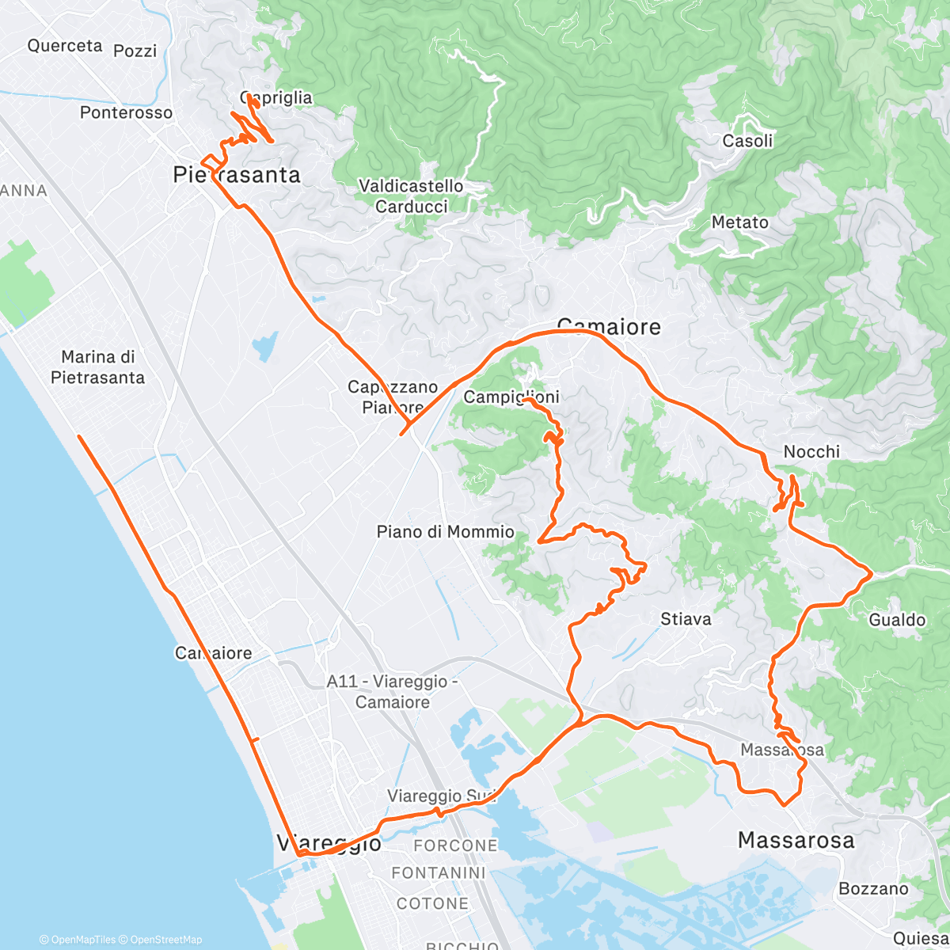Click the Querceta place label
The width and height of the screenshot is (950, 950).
tap(65, 46)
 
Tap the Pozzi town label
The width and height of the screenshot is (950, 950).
tap(135, 51)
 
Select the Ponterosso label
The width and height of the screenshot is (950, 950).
tap(126, 112)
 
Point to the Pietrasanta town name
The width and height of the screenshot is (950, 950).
tap(237, 175)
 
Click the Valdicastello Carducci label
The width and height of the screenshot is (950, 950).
tap(411, 196)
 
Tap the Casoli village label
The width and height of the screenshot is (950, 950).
tap(747, 141)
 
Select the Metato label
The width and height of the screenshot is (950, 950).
tap(739, 222)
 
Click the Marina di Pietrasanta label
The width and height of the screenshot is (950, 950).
tap(97, 367)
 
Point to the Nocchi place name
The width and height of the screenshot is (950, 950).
tap(811, 452)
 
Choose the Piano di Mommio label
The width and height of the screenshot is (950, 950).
tap(445, 532)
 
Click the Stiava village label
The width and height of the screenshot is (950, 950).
tap(686, 619)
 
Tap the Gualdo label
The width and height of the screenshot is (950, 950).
tap(897, 620)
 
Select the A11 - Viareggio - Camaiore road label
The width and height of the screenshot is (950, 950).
tap(393, 691)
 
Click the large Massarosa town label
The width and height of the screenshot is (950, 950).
tap(796, 840)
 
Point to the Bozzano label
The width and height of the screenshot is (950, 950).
tap(873, 889)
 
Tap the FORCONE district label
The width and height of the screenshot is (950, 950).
tap(455, 846)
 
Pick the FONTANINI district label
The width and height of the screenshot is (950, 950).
tap(439, 873)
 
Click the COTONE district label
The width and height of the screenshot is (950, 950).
tap(432, 903)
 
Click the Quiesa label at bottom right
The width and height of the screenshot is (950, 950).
tap(921, 938)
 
